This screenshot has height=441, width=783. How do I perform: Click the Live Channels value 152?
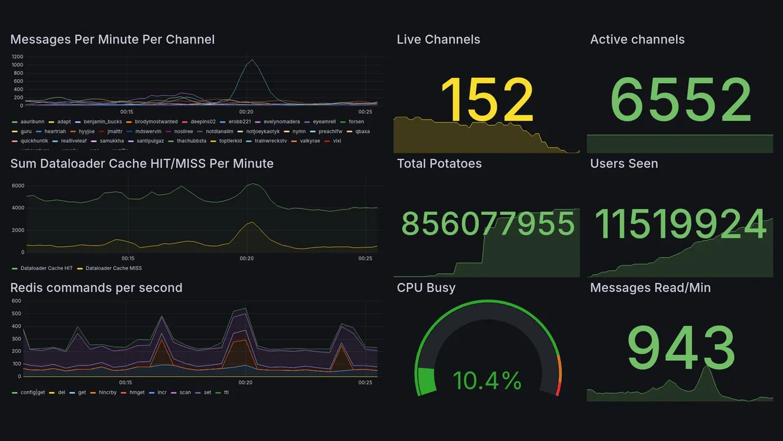[487, 100]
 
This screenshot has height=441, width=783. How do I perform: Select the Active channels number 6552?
[680, 100]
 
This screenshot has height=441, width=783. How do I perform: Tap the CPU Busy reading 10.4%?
[487, 380]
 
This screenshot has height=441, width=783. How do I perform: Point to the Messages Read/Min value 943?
[680, 348]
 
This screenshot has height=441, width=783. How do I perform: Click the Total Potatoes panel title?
[439, 164]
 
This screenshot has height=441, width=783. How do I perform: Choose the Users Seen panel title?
[623, 164]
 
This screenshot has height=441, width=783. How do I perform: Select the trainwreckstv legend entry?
[270, 141]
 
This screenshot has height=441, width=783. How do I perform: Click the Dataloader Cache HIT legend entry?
[46, 268]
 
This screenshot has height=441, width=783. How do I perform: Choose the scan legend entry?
[185, 392]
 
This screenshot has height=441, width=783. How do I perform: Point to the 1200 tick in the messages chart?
[17, 56]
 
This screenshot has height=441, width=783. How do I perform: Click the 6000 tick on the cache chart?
[18, 186]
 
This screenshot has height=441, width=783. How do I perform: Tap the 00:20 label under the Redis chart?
[245, 383]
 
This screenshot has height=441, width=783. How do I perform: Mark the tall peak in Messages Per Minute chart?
[251, 60]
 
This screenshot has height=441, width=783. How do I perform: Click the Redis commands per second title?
[96, 288]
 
